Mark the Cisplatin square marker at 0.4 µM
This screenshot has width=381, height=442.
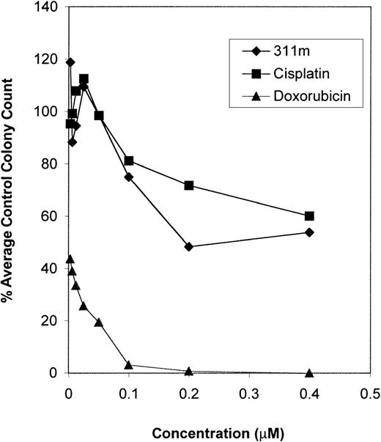click(309, 216)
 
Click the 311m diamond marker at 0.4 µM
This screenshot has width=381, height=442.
click(309, 232)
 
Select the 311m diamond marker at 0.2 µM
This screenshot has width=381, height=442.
click(189, 247)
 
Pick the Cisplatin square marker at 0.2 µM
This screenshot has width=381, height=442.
click(189, 185)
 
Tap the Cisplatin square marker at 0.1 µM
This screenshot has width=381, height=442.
click(129, 161)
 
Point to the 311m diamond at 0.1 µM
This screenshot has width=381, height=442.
click(129, 177)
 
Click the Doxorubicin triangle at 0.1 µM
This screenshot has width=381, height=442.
click(129, 364)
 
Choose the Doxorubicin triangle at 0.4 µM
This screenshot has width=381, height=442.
click(309, 373)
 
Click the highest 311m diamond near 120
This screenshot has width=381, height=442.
click(70, 62)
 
